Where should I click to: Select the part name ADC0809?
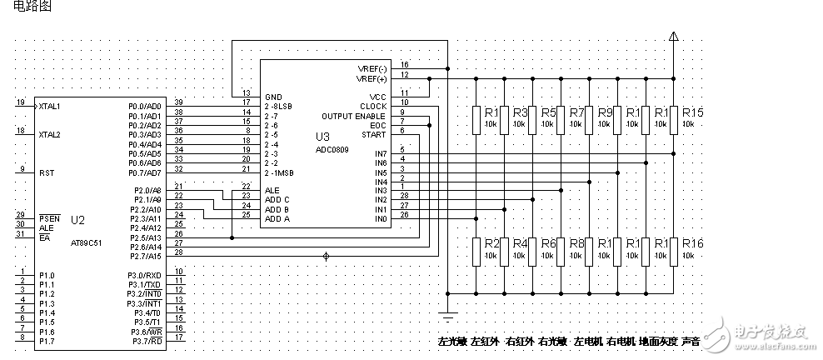click(333, 148)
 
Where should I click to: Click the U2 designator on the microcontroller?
click(77, 220)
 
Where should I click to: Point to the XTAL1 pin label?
click(49, 106)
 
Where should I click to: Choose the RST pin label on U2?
click(46, 172)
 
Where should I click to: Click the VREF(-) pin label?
click(372, 67)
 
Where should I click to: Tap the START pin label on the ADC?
click(374, 133)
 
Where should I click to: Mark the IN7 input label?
click(381, 153)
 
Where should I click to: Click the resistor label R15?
click(692, 112)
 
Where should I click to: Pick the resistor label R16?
click(692, 242)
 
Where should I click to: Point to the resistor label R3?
click(521, 112)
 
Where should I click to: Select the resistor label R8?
click(576, 242)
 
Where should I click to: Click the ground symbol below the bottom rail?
click(448, 315)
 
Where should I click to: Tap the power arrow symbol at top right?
click(674, 35)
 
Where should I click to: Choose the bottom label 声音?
click(691, 342)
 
